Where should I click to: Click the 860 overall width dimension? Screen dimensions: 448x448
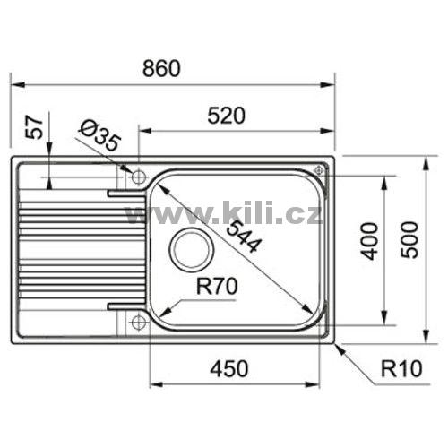coord(161,68)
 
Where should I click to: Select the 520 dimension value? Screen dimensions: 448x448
coord(226,116)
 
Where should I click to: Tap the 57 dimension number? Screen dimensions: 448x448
coord(34,127)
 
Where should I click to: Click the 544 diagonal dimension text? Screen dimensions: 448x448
coord(242,236)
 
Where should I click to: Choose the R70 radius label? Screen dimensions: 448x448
coord(217,286)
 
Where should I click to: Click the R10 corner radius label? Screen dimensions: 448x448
coord(401,368)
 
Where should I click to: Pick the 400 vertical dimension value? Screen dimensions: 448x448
coord(369,241)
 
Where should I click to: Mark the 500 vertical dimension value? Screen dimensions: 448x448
coord(409,240)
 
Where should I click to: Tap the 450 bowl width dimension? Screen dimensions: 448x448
coord(229,368)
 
